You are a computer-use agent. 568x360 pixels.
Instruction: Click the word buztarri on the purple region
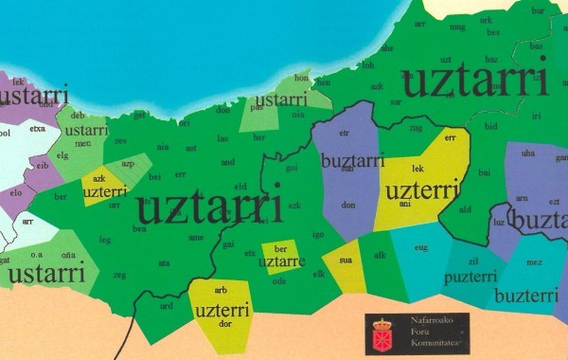point(352,161)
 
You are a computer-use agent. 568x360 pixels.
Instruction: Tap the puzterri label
point(470,278)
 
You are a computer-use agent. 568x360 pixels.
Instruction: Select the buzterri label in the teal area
point(525,296)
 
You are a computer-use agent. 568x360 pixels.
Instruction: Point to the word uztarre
point(282,261)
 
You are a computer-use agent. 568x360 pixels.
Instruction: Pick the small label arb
point(221,290)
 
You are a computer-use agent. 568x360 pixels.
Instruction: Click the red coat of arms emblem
point(382,333)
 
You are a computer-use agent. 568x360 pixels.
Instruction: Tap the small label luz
point(499,222)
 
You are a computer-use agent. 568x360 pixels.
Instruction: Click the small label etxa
point(38,128)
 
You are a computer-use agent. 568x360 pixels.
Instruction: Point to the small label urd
point(167,306)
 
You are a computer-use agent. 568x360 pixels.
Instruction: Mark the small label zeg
point(120,275)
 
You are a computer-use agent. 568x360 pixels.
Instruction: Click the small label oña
point(69,255)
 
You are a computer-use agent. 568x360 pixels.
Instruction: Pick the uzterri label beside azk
point(104,191)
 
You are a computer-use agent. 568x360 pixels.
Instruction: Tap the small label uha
point(528,153)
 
